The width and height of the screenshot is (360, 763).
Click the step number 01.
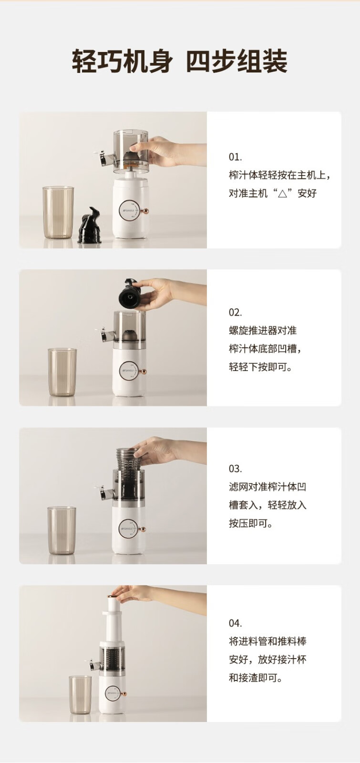tap(235, 157)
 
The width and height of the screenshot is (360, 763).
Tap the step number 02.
tap(236, 312)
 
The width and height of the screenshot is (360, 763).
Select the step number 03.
tap(236, 468)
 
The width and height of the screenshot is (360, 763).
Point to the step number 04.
tap(236, 623)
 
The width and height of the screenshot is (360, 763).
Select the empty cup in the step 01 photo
tap(58, 212)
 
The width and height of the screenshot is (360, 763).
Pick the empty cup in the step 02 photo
tap(62, 372)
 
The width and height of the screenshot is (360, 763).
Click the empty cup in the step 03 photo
tap(62, 530)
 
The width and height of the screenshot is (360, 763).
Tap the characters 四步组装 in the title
tap(237, 62)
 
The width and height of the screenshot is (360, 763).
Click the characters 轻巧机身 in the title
tap(122, 62)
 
